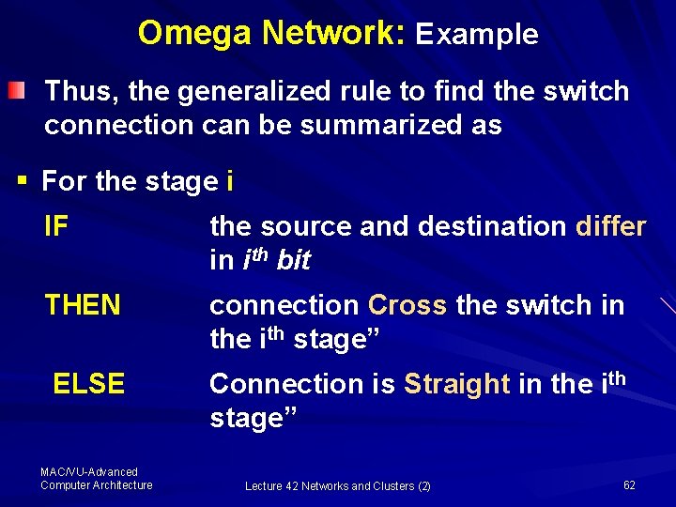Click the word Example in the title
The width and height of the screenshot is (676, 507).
(477, 35)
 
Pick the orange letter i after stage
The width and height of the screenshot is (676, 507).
(230, 180)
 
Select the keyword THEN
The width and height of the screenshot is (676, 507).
(83, 305)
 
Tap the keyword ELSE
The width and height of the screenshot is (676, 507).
(89, 384)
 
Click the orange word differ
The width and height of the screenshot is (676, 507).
(610, 226)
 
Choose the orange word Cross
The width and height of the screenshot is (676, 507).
(407, 305)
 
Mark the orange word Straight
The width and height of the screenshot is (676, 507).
(456, 384)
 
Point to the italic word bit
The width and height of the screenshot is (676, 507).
(293, 261)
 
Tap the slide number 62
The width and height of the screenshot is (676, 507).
(629, 484)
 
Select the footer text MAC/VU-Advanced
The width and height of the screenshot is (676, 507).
(89, 472)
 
